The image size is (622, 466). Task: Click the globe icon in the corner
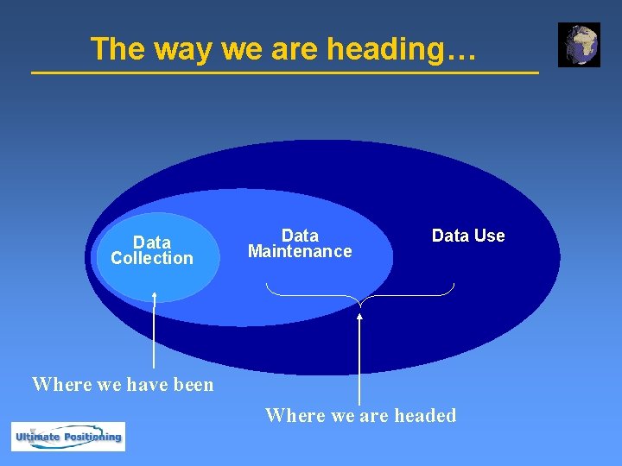click(x=579, y=45)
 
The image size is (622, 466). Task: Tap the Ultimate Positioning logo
click(x=68, y=437)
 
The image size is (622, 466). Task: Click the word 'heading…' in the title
click(x=402, y=49)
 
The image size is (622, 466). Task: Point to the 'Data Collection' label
click(x=152, y=250)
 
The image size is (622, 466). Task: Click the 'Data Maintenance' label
click(x=300, y=243)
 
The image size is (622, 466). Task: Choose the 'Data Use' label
click(x=468, y=236)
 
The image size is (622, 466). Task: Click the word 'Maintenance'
click(x=300, y=252)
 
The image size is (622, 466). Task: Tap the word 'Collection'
click(x=152, y=258)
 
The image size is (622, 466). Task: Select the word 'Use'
click(x=490, y=236)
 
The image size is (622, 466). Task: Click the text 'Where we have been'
click(x=123, y=384)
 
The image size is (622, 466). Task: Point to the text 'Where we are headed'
click(x=360, y=416)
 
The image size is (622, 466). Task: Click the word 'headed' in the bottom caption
click(x=425, y=416)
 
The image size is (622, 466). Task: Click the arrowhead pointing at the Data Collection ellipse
click(x=154, y=296)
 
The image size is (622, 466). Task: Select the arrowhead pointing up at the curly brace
click(x=360, y=316)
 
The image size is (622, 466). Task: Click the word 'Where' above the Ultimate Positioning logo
click(x=61, y=384)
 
